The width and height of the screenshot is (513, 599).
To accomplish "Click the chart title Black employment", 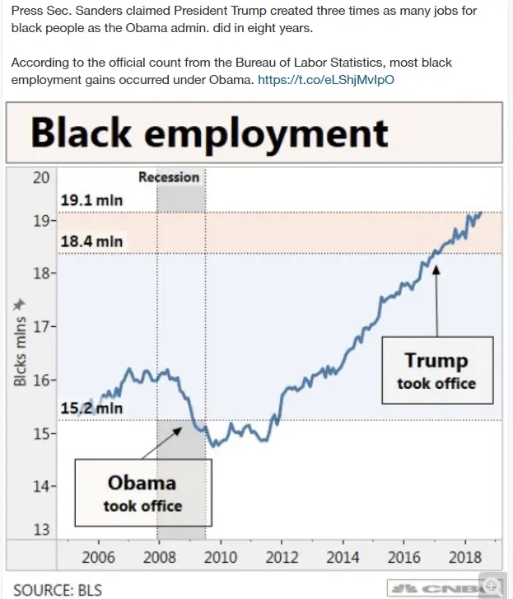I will [x=209, y=132].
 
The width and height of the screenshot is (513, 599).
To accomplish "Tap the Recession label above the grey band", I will [x=169, y=177].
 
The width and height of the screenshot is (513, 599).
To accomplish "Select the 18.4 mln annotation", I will [x=92, y=241].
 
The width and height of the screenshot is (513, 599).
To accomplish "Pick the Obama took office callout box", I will [x=142, y=493].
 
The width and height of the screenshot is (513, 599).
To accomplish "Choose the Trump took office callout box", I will [x=436, y=371].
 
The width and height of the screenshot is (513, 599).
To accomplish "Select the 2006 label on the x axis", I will [x=98, y=557].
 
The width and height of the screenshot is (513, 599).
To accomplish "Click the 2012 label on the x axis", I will [x=281, y=557].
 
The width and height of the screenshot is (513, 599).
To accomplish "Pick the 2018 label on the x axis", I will [x=464, y=557].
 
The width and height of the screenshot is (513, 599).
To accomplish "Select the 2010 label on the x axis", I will [x=220, y=557].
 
